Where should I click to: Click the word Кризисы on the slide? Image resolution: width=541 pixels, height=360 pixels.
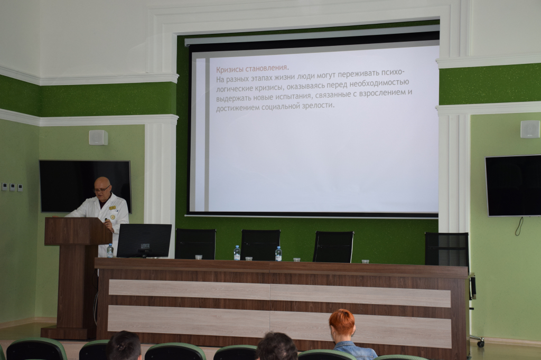click(230, 69)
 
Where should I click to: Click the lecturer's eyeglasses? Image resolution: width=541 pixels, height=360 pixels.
click(102, 190)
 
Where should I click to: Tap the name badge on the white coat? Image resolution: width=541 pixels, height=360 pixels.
click(112, 207)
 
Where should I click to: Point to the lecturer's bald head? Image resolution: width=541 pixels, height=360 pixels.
click(102, 182)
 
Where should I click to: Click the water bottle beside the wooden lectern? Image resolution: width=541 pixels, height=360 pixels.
click(110, 251)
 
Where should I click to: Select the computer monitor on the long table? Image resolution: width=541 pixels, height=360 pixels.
click(144, 241)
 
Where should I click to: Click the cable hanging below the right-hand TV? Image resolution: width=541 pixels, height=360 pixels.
click(519, 226)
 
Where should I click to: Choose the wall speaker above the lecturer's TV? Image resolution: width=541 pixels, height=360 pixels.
click(98, 138)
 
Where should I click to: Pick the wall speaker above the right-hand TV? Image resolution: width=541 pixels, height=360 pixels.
click(530, 129)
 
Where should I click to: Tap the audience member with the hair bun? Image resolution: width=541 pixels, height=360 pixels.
click(124, 346)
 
